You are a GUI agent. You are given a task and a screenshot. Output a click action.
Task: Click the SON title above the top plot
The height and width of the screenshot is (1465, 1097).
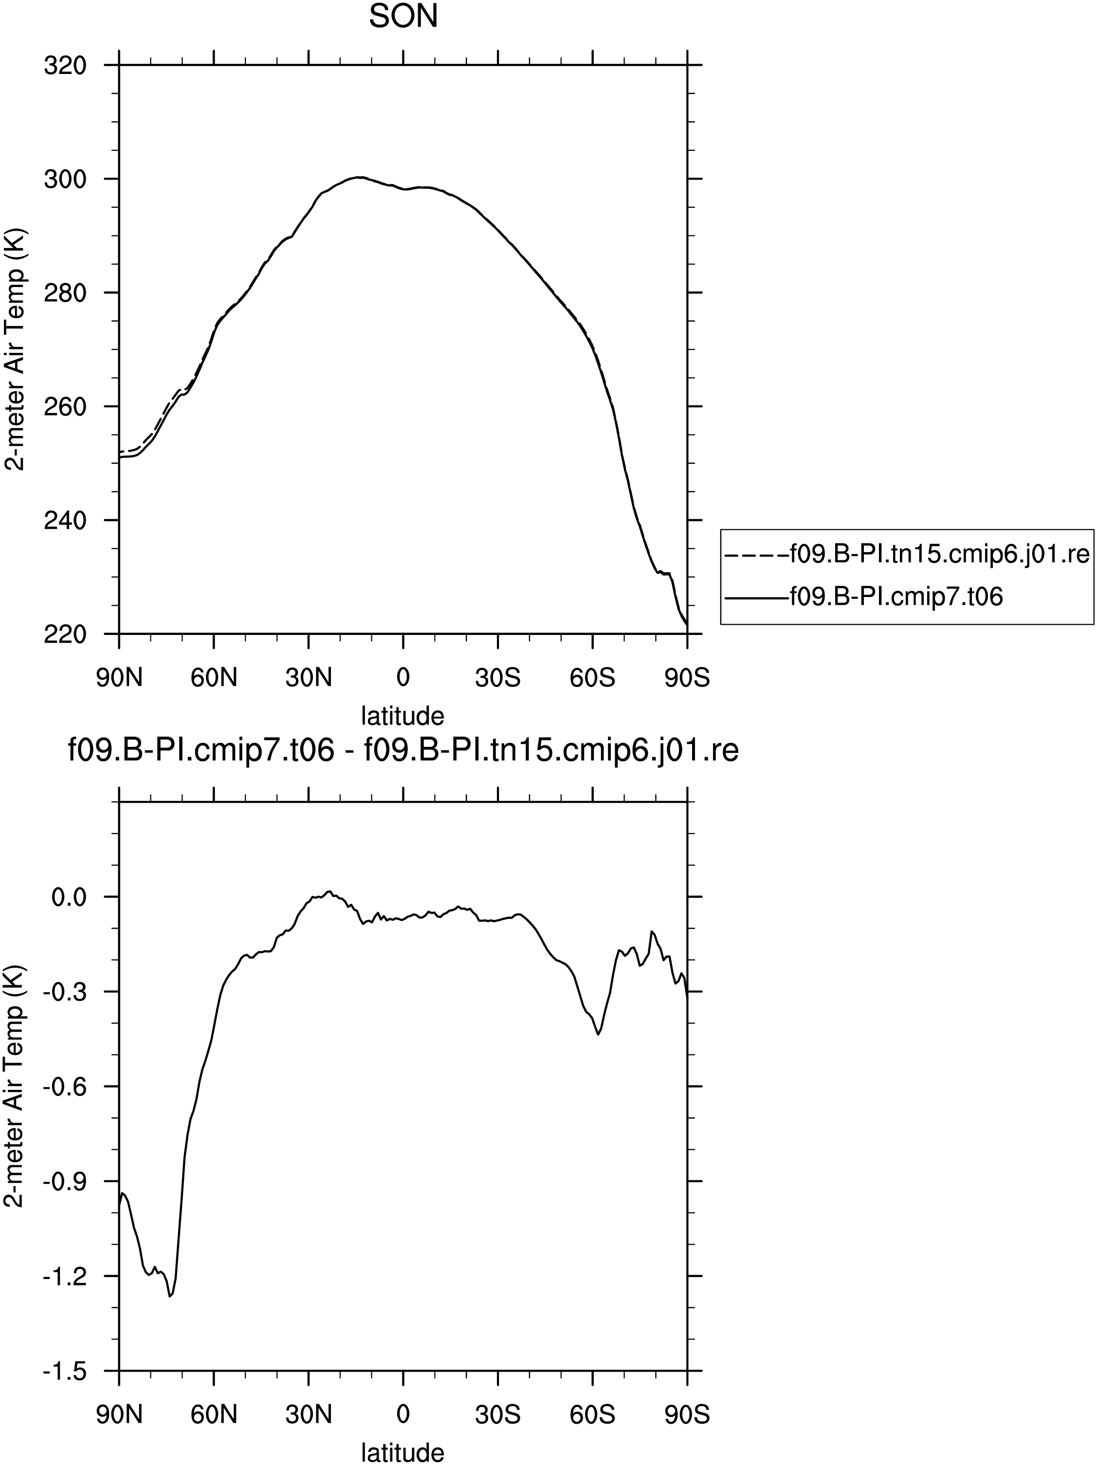(x=403, y=17)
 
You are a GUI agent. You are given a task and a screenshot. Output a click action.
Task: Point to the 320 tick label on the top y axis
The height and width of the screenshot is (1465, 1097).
(x=65, y=66)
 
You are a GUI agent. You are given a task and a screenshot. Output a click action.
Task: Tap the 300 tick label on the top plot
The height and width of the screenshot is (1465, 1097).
(x=65, y=180)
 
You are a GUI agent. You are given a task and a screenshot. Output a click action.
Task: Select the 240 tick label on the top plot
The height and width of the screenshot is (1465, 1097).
(x=65, y=520)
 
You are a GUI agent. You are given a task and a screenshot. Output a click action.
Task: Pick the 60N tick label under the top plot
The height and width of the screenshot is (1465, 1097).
(x=214, y=678)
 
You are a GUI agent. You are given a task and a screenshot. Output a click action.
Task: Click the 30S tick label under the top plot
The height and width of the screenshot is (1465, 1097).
(x=497, y=678)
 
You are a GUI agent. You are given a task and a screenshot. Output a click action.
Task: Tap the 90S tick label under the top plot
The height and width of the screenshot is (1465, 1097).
(x=687, y=678)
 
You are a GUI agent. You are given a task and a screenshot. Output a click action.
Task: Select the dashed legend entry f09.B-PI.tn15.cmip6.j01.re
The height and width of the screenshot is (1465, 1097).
(x=908, y=554)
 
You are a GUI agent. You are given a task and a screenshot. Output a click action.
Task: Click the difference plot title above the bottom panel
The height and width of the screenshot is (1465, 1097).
(x=403, y=751)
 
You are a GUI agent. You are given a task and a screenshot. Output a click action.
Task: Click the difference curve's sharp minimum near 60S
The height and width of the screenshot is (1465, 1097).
(x=598, y=1034)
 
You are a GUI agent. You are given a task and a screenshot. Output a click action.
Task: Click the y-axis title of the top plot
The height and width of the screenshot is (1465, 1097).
(x=15, y=350)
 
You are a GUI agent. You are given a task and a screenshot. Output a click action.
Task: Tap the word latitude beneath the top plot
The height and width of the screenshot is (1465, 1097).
(x=403, y=716)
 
